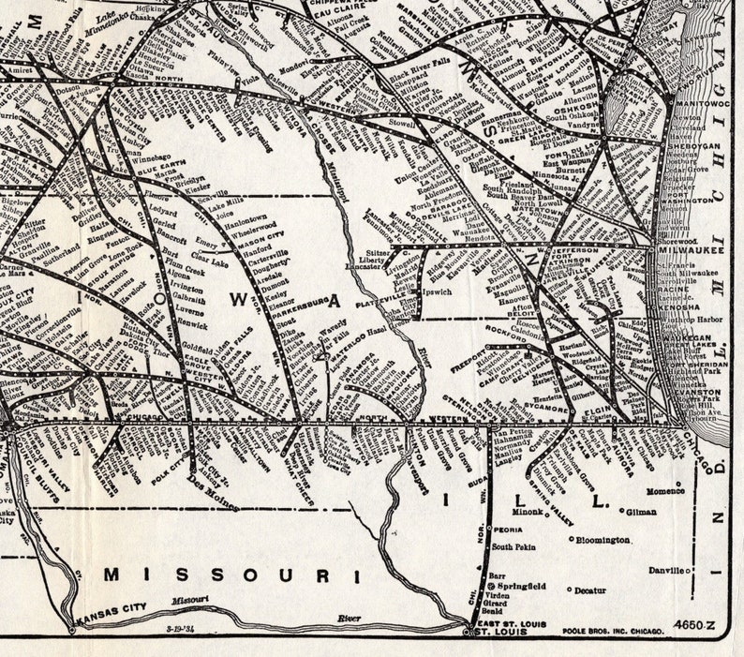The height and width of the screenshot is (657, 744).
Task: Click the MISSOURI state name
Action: pos(231,574)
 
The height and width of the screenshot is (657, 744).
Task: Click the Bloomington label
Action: pos(603,540)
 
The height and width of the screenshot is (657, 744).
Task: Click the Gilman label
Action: pos(641,513)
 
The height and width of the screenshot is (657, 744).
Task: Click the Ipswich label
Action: pos(437,292)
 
